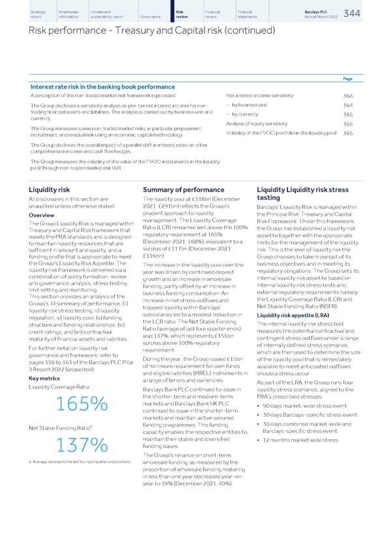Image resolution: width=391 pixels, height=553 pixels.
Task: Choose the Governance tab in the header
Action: (x=149, y=16)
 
